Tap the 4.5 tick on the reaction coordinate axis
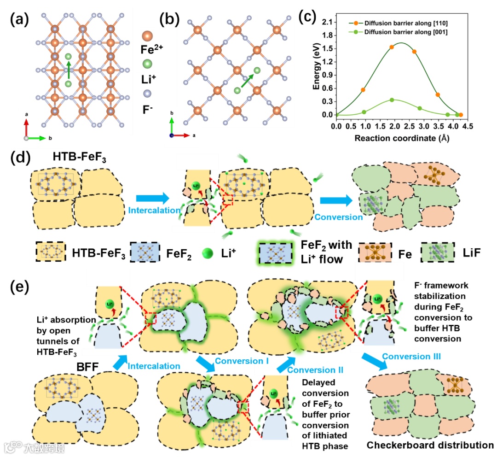(468, 125)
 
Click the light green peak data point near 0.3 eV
(392, 100)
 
